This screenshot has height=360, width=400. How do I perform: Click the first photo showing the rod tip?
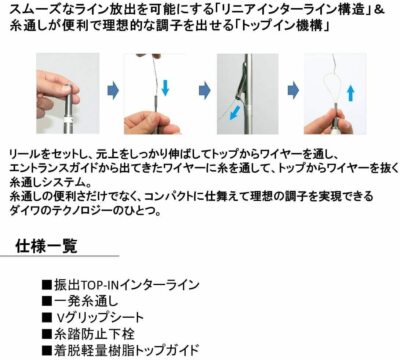68,93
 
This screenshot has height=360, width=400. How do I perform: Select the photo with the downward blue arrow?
154,93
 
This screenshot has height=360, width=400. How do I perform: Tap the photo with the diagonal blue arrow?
247,93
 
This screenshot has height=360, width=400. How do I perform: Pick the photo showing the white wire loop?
335,93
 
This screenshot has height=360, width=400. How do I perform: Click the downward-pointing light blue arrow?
165,87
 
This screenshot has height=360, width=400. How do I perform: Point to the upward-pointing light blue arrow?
351,93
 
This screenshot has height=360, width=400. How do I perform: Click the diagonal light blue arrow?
236,113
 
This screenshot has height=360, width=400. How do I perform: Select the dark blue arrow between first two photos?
113,91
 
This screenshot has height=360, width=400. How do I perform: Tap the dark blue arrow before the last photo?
293,91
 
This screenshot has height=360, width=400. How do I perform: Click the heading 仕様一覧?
46,246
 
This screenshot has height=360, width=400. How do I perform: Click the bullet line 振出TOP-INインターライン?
121,285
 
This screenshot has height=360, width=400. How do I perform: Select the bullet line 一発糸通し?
80,301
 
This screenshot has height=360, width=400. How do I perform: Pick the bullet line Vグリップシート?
93,318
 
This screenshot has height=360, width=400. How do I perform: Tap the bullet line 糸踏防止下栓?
88,334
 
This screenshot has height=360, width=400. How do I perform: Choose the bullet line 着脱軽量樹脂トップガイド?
121,350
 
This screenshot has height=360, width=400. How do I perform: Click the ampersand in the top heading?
380,10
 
